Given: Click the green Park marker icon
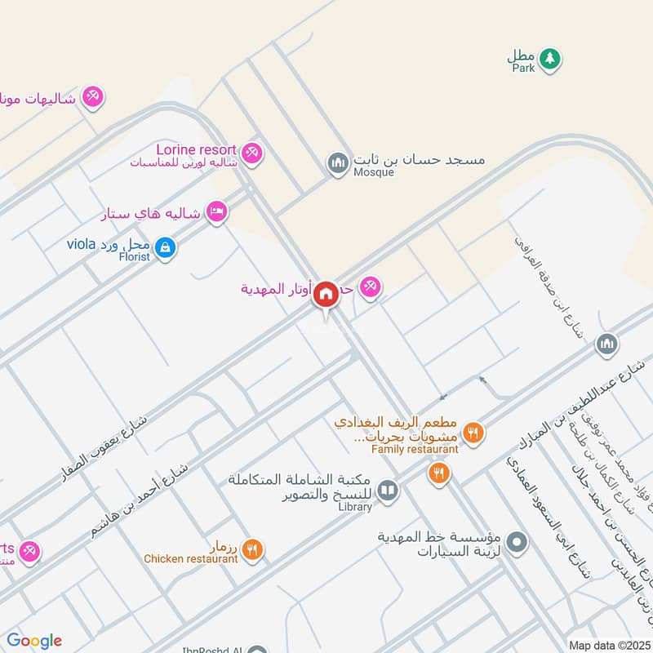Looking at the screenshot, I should tap(551, 58).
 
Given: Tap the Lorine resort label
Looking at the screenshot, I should tap(195, 150).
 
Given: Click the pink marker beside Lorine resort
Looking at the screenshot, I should tap(252, 152).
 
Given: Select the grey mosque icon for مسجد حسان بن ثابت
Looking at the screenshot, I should tap(337, 162).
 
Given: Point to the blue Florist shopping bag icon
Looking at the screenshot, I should tap(165, 247).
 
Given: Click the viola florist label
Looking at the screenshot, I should tap(82, 244).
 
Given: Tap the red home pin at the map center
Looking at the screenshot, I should tap(326, 293).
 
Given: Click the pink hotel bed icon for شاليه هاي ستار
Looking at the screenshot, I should tap(216, 211).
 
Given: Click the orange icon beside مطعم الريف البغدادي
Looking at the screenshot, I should tap(472, 432).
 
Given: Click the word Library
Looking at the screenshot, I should tap(353, 507).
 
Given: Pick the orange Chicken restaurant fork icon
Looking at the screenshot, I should tap(253, 550).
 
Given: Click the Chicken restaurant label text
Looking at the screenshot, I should tap(191, 559).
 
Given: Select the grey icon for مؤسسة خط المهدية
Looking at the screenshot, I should tap(516, 541).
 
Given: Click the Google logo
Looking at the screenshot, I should tap(34, 641).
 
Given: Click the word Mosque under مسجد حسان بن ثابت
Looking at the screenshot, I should tap(374, 173).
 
